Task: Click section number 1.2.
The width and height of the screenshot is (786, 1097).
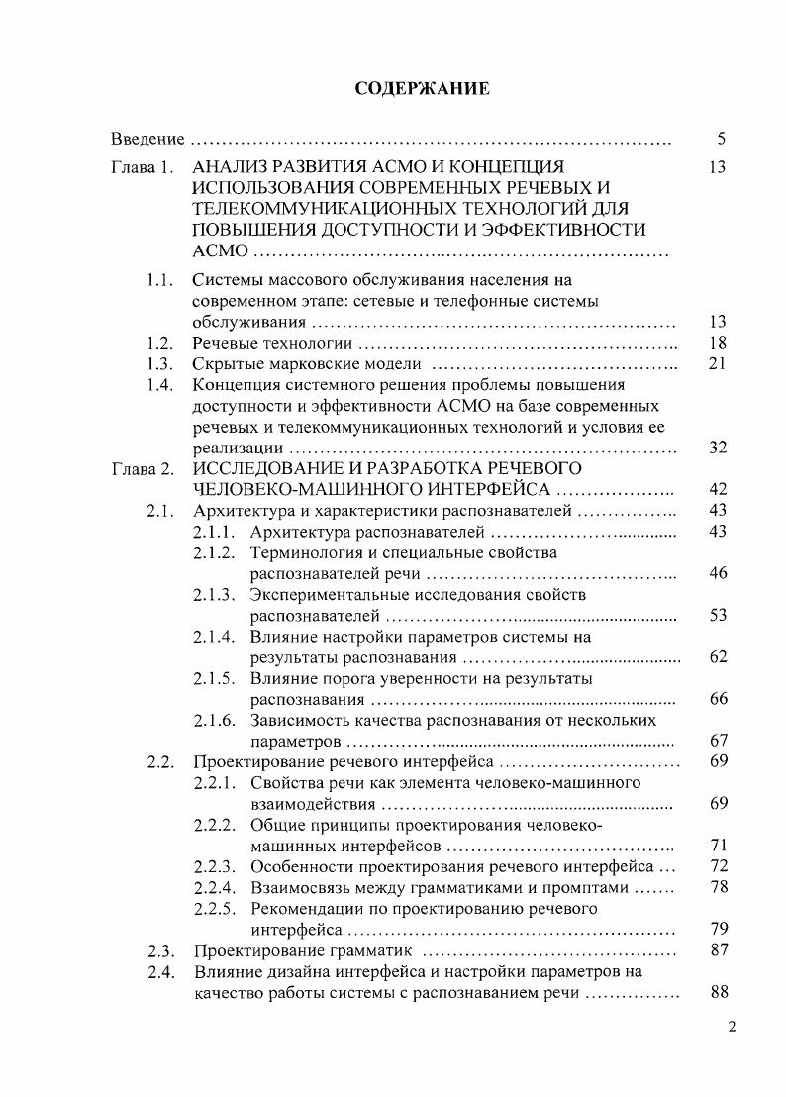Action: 160,343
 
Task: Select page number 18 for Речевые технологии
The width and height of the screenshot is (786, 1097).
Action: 718,343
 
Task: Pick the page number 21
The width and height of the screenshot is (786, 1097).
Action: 718,364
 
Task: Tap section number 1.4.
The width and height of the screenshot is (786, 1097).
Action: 160,385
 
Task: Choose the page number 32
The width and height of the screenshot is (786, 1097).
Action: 718,448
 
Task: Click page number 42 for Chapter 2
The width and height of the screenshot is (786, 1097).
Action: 718,489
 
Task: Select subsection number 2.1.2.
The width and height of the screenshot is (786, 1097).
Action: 214,552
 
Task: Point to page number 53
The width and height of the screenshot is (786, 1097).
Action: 718,615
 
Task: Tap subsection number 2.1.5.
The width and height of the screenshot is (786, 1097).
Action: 214,678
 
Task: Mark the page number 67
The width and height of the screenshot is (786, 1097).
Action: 718,741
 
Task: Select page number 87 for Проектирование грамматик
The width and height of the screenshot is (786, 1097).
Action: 718,950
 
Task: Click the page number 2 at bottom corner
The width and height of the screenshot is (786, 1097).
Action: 732,1027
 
